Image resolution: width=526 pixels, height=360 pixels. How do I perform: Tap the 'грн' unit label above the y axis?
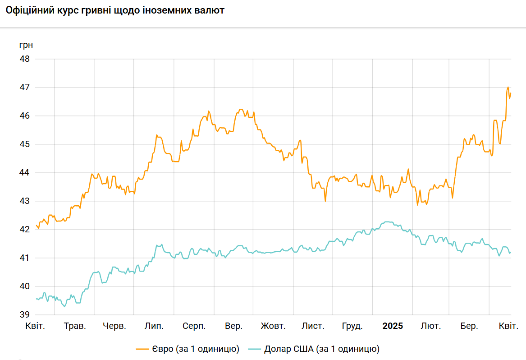(x=26, y=45)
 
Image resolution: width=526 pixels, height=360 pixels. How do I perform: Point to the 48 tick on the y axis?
(x=25, y=59)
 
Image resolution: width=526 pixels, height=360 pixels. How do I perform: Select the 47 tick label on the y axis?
(x=25, y=88)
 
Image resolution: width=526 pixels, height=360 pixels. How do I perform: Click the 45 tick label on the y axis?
(x=25, y=144)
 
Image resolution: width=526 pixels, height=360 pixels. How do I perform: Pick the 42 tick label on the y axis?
(x=25, y=230)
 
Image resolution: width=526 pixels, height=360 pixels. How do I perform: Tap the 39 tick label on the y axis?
(x=25, y=315)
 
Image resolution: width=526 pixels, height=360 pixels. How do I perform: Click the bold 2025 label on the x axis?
(x=393, y=326)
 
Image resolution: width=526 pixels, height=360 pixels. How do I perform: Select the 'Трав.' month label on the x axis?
(x=75, y=326)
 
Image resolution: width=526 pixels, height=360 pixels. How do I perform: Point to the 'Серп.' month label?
(x=194, y=326)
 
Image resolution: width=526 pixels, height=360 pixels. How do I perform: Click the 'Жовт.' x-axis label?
(x=273, y=326)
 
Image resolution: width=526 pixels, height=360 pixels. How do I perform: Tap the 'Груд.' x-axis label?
(x=352, y=326)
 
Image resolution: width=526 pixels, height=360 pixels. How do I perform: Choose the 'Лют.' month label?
(x=431, y=326)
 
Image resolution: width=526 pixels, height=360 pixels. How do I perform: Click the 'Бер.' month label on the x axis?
(x=469, y=326)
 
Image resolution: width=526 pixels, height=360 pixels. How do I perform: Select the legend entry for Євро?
(x=195, y=349)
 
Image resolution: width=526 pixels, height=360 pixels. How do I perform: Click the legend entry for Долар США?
(x=322, y=349)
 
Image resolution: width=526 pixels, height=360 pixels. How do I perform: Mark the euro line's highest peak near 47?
(x=508, y=87)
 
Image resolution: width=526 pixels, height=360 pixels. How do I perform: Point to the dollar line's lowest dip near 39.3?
(x=64, y=307)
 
